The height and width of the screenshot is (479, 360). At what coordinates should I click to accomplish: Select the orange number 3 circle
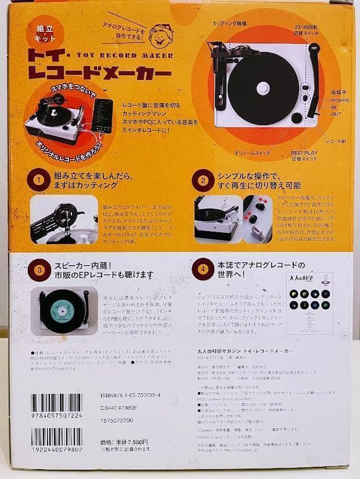pyautogui.click(x=39, y=269)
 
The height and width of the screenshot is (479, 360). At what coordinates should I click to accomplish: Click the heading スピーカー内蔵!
pyautogui.click(x=82, y=264)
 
